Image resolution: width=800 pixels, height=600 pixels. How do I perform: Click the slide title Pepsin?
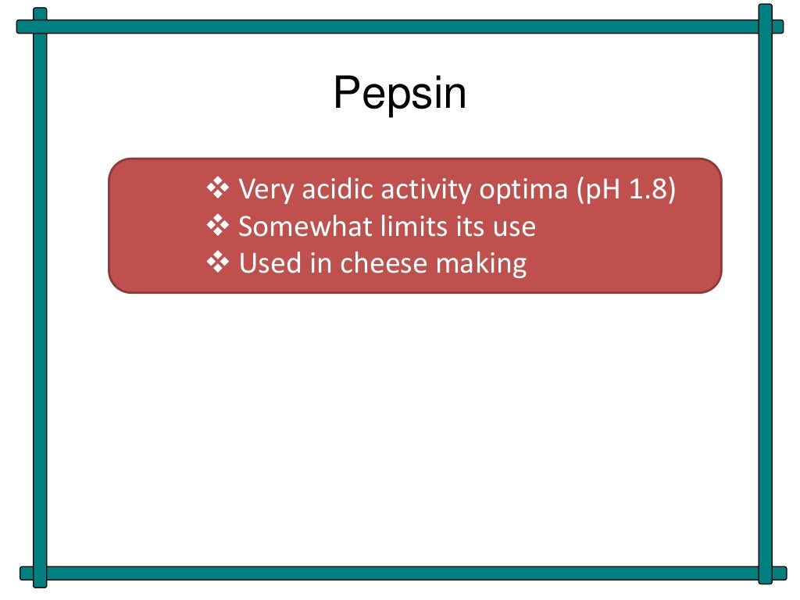pyautogui.click(x=399, y=94)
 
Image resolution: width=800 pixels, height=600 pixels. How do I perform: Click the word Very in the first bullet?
pyautogui.click(x=261, y=189)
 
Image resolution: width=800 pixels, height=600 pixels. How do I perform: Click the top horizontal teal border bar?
pyautogui.click(x=399, y=27)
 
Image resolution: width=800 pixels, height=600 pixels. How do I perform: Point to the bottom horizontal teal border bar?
pyautogui.click(x=399, y=573)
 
